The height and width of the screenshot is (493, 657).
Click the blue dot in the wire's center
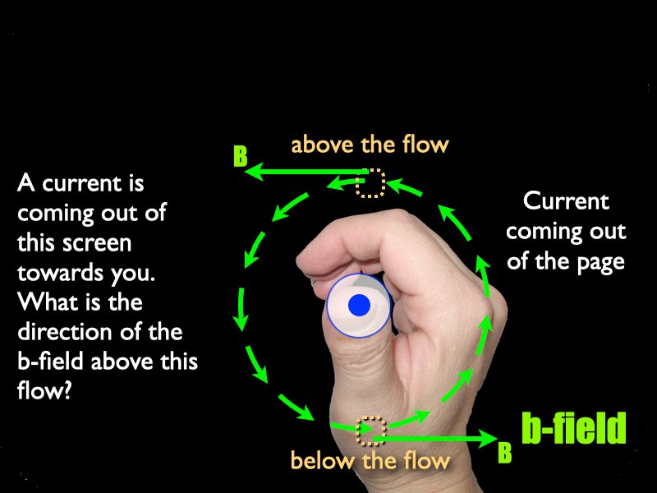pos(359,305)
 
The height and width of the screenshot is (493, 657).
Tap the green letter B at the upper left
pos(240,156)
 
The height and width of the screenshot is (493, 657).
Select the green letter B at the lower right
pos(504,453)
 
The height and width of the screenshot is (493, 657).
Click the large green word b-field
pos(573,427)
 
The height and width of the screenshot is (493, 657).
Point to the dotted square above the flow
pos(370,182)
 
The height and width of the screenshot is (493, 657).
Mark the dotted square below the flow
pos(371,431)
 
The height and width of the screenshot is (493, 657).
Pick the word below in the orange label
pos(322,460)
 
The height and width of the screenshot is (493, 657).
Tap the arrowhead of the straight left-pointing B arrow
pos(254,172)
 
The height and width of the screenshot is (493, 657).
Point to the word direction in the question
pos(65,333)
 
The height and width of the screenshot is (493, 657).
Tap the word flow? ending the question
pos(44,391)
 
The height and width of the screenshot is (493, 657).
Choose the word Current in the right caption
pos(566,201)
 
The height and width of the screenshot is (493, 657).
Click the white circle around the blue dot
pos(359,305)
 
